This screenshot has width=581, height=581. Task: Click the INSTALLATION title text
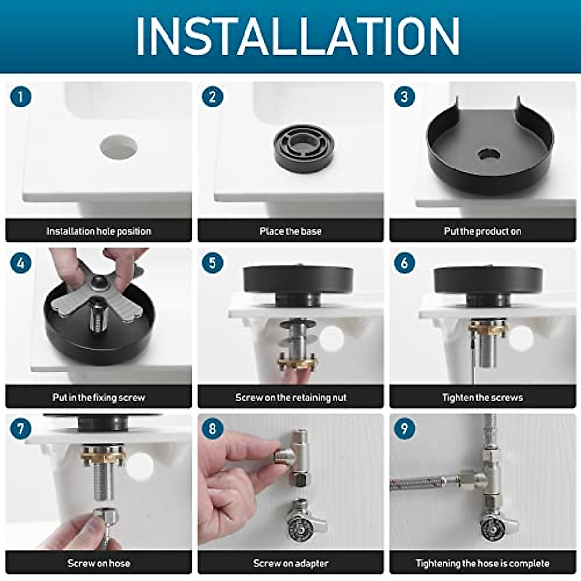click(298, 36)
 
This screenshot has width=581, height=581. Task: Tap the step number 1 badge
click(21, 97)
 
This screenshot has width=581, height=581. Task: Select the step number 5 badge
click(213, 262)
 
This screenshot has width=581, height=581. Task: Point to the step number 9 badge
click(405, 428)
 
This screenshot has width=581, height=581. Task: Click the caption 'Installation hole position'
click(99, 231)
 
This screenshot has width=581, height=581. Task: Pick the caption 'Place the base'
click(290, 231)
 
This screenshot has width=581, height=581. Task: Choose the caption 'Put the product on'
click(483, 231)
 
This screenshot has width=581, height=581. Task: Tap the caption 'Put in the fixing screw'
click(99, 398)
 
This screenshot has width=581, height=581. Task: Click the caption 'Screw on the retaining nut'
click(290, 398)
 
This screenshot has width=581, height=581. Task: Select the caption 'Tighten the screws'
click(483, 398)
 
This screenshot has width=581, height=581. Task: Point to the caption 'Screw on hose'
click(99, 563)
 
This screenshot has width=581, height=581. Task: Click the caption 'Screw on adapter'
click(290, 563)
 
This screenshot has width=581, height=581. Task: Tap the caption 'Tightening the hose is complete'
click(483, 563)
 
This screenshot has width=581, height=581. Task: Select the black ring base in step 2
click(304, 149)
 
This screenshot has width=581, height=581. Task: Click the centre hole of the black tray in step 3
click(489, 154)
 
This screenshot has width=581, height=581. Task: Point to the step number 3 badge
click(405, 97)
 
